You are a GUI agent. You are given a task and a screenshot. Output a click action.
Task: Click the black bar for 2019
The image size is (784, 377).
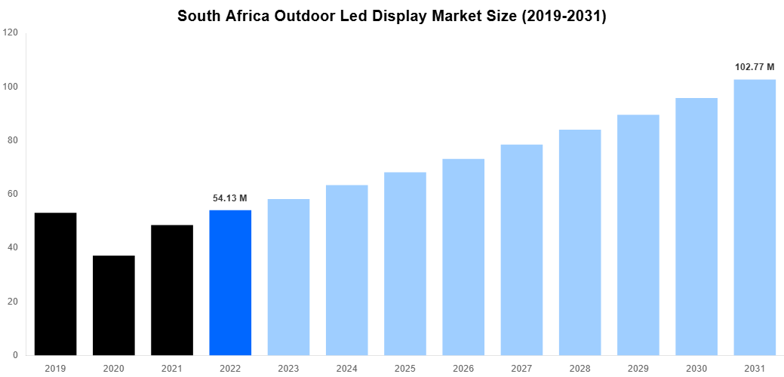pyautogui.click(x=55, y=284)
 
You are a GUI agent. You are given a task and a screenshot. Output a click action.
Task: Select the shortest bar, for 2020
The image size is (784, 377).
pyautogui.click(x=113, y=305)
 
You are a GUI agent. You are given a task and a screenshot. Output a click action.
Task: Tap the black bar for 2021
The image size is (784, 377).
pyautogui.click(x=172, y=290)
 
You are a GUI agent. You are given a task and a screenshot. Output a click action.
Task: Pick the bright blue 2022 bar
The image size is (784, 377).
pyautogui.click(x=230, y=282)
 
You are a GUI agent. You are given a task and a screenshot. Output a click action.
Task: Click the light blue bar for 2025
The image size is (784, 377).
pyautogui.click(x=405, y=263)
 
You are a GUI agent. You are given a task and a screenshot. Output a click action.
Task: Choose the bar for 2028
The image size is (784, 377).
pyautogui.click(x=580, y=242)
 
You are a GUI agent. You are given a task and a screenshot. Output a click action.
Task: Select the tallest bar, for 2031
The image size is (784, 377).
pyautogui.click(x=755, y=217)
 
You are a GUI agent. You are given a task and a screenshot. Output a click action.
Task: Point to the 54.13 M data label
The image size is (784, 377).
pyautogui.click(x=230, y=198)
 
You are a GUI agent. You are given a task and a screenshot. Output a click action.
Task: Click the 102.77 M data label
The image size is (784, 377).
pyautogui.click(x=755, y=67)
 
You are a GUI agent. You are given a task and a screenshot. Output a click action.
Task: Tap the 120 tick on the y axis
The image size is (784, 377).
pyautogui.click(x=11, y=33)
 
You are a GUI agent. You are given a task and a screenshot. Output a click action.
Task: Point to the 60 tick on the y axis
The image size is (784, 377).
pyautogui.click(x=13, y=194)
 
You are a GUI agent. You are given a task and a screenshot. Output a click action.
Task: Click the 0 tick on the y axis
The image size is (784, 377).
pyautogui.click(x=15, y=355)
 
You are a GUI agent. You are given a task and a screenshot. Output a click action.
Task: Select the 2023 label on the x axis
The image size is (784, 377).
pyautogui.click(x=288, y=368)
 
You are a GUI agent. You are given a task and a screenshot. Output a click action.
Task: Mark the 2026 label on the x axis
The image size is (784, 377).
pyautogui.click(x=463, y=368)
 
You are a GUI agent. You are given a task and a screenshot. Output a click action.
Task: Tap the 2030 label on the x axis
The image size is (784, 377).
pyautogui.click(x=696, y=368)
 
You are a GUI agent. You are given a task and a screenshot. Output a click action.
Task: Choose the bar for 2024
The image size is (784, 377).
pyautogui.click(x=347, y=270)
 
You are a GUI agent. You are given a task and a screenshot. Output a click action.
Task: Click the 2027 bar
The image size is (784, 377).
pyautogui.click(x=521, y=250)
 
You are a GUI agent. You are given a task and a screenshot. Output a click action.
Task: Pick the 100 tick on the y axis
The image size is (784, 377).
pyautogui.click(x=11, y=87)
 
